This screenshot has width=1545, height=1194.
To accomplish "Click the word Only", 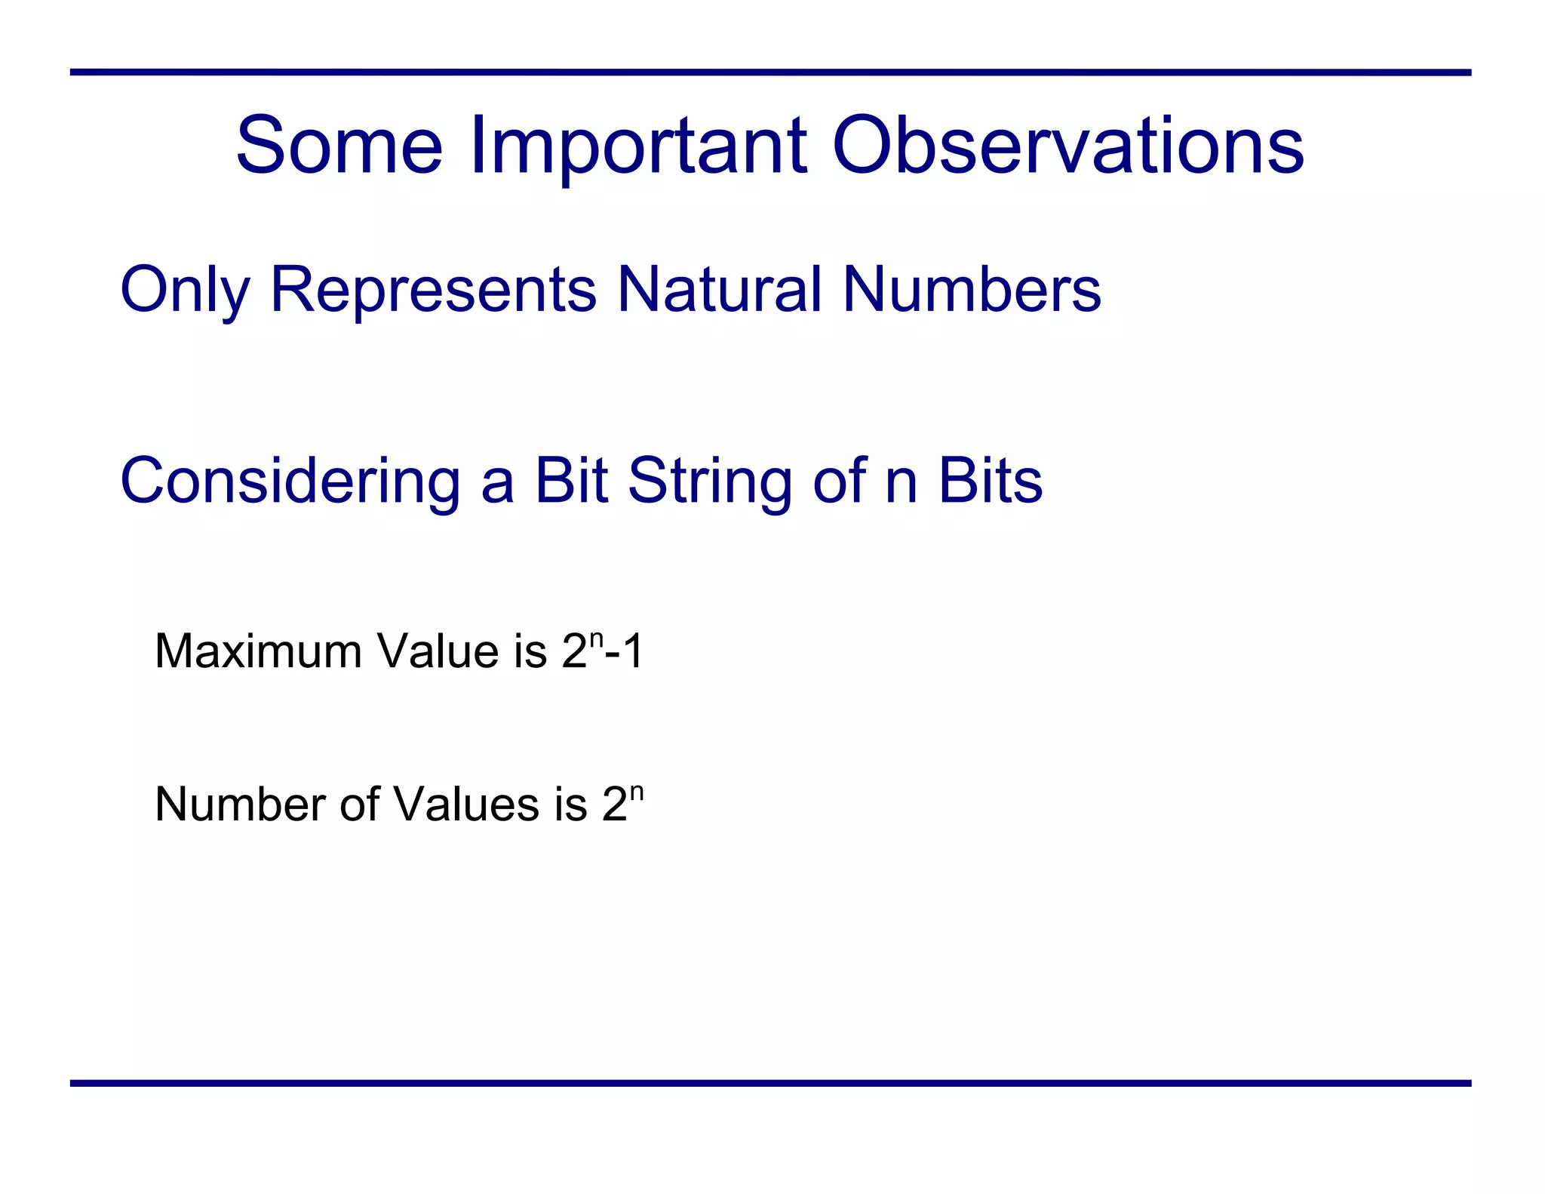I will [185, 290].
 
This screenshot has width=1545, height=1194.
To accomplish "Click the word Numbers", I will [972, 290].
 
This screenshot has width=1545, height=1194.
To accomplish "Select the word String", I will [710, 481].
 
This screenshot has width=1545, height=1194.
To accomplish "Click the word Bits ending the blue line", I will [990, 481].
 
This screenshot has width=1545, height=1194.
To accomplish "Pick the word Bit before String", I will [570, 481].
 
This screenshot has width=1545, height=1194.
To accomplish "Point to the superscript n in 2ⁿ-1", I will [597, 639].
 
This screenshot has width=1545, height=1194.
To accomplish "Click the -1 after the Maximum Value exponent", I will [625, 651].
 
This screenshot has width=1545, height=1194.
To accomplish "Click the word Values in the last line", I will [467, 804].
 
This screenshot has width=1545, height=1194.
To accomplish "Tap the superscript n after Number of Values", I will [637, 792].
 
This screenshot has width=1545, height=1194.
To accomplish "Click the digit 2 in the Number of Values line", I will [615, 804].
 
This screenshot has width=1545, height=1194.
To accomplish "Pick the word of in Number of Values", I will [359, 804].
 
